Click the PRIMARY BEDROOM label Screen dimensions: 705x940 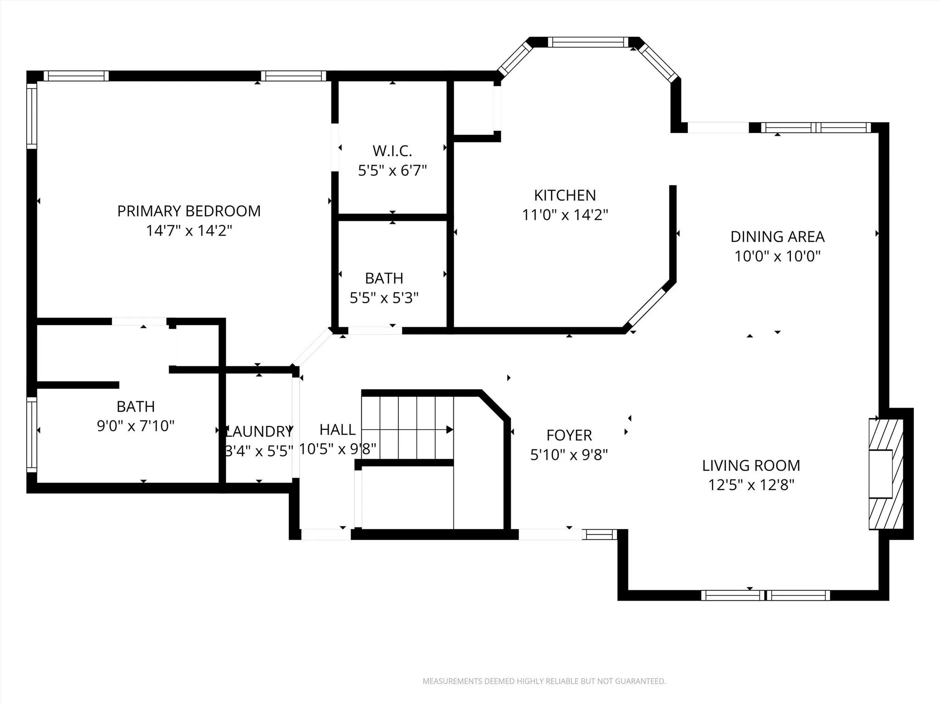click(189, 211)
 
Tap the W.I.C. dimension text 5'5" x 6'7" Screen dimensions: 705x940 click(392, 171)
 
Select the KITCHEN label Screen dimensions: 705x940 click(565, 196)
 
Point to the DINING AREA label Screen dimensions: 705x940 click(778, 237)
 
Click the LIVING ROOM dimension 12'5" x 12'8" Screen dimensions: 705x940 click(751, 485)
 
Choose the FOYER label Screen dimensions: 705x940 click(569, 435)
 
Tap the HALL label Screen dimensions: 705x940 click(337, 430)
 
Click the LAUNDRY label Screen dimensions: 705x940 click(260, 431)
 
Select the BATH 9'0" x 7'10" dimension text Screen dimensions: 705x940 click(136, 426)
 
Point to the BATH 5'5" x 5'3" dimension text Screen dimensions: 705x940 click(384, 298)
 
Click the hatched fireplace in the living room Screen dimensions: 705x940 click(886, 474)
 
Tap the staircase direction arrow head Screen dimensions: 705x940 click(450, 430)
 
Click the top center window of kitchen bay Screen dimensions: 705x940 click(588, 42)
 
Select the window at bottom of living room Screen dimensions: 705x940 click(766, 596)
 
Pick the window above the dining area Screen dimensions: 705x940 click(816, 128)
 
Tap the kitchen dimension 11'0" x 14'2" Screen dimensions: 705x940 click(565, 215)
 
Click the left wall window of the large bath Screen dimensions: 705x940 click(32, 434)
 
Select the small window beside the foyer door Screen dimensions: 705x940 click(599, 534)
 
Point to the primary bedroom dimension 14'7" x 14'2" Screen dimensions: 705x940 click(189, 230)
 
